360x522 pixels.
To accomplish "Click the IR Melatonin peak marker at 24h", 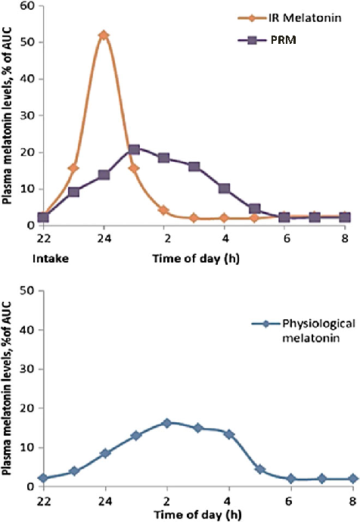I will click(x=104, y=36).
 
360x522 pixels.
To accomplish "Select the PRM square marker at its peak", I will click(x=134, y=150).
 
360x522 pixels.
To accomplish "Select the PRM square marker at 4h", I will click(x=224, y=188).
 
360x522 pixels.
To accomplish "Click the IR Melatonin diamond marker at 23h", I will click(x=73, y=168).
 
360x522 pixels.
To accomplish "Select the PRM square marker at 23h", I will click(x=73, y=192).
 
